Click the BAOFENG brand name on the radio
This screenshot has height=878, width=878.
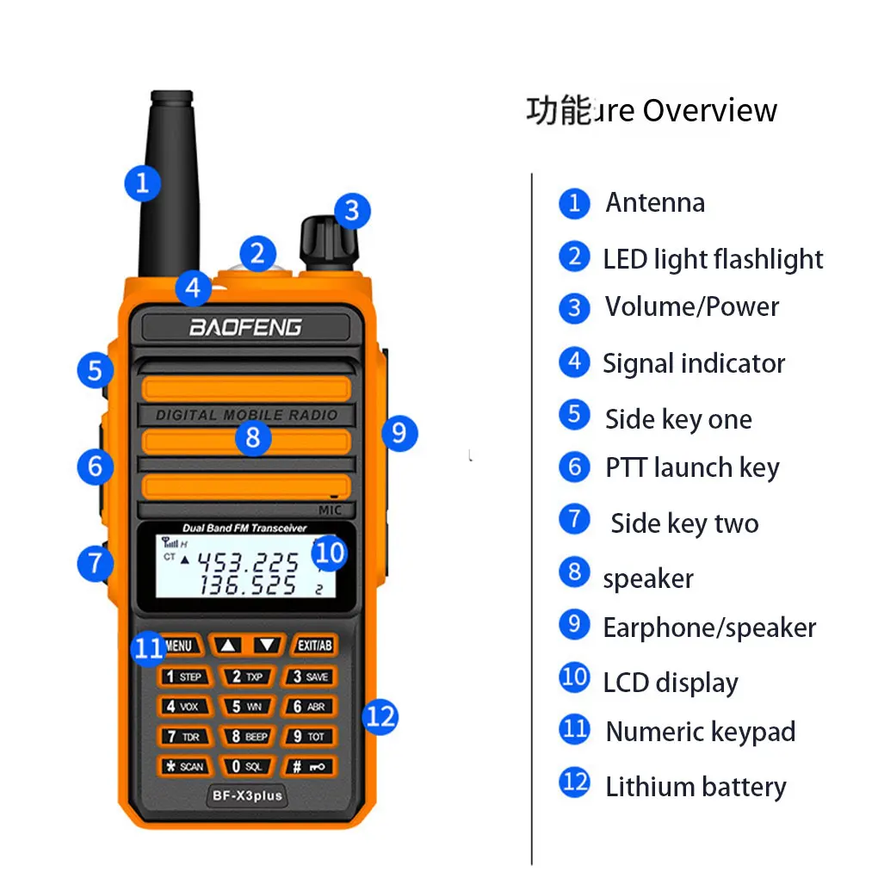245,327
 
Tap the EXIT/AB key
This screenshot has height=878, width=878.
314,646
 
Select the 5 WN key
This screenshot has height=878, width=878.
246,707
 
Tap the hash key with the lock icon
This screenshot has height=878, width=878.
309,766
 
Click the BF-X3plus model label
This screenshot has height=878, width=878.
247,795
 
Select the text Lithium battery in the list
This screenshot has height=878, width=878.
696,787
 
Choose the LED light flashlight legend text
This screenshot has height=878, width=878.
713,259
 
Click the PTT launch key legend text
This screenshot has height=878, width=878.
692,468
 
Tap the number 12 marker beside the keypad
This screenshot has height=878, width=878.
380,715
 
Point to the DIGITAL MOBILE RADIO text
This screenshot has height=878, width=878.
246,415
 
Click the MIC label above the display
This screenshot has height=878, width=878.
330,510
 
